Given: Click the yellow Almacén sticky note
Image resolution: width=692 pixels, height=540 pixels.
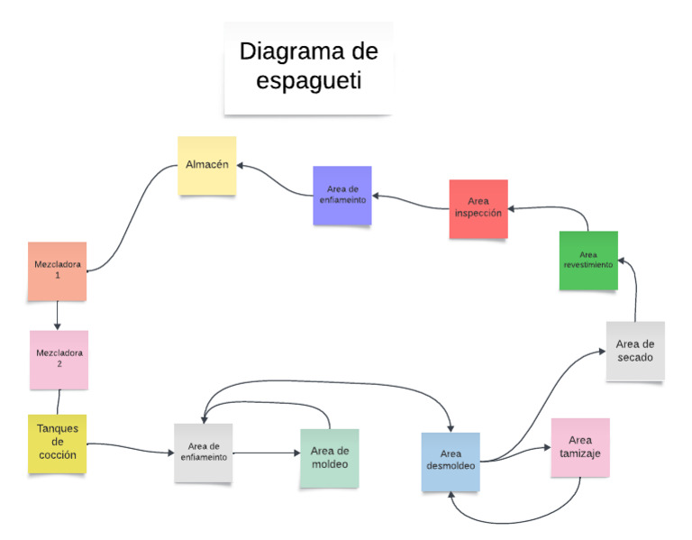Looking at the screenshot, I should (206, 165).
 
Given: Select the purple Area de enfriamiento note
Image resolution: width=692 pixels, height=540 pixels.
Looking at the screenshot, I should (341, 195).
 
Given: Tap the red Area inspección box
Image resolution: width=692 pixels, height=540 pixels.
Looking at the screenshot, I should (478, 208).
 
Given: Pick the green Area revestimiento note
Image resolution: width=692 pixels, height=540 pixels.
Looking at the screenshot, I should (587, 260).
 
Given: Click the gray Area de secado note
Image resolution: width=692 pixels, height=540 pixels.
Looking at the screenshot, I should (635, 351).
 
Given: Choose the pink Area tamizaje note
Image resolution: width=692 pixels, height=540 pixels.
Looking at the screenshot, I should (579, 447).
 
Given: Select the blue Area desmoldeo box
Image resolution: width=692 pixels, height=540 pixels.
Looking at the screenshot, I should (451, 462).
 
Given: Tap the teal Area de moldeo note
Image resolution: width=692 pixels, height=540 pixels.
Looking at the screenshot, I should (329, 458).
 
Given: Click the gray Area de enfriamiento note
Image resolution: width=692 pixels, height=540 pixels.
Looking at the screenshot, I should (203, 453).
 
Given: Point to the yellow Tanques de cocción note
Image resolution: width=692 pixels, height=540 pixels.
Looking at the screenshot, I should (58, 443).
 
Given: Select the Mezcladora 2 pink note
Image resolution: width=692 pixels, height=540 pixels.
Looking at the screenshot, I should (59, 359).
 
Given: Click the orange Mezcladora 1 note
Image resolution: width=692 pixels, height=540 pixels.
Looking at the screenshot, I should (57, 270).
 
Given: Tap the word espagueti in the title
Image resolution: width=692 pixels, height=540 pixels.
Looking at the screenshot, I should (309, 81).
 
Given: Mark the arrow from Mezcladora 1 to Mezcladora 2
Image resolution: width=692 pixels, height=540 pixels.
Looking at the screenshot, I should (58, 315).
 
